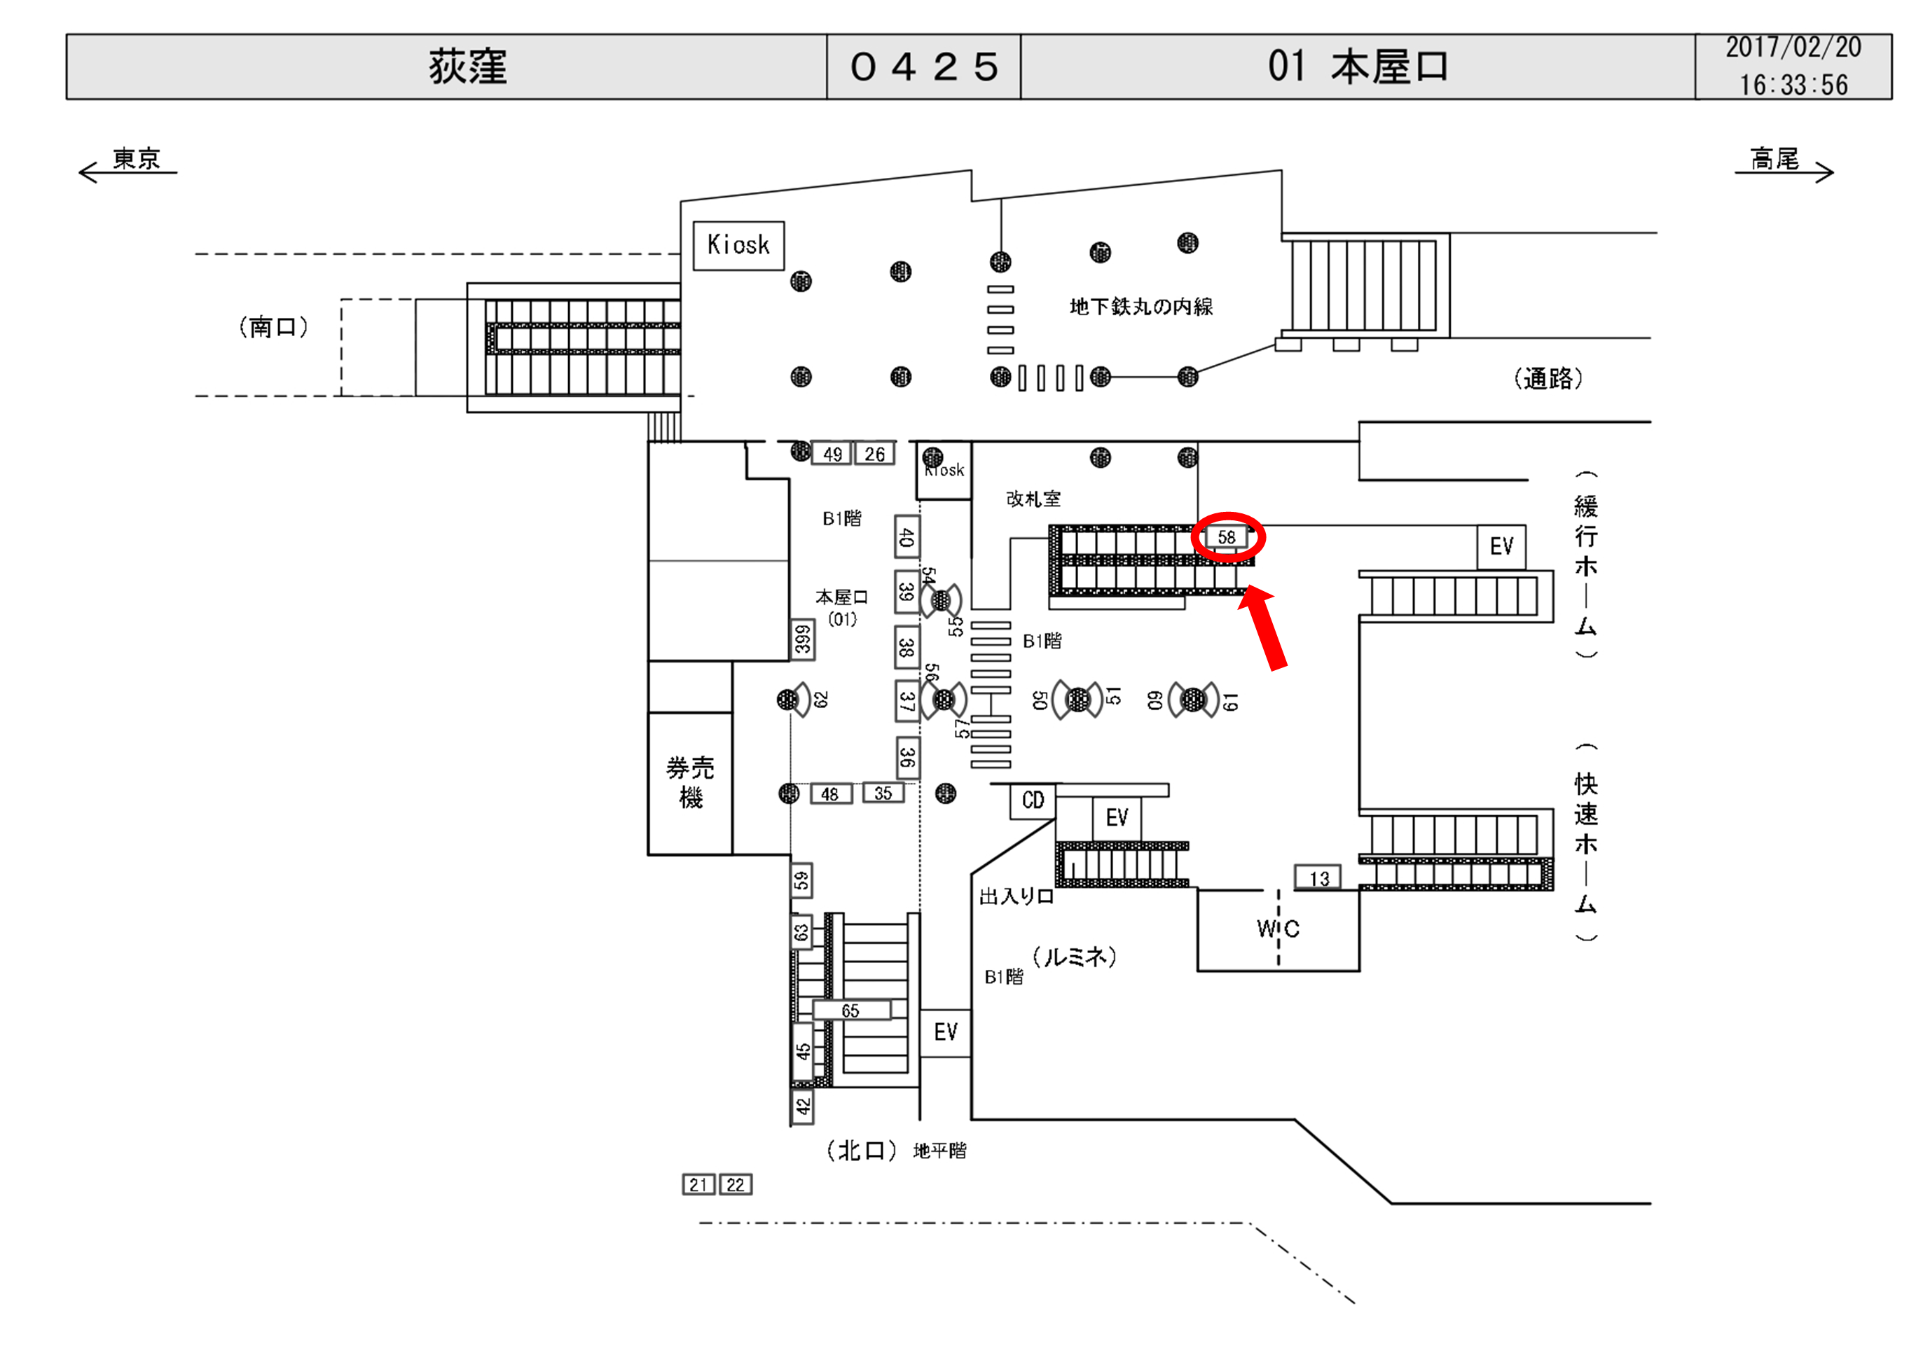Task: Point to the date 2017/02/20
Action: (1793, 48)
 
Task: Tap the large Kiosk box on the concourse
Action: (738, 245)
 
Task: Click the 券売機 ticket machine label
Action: (690, 782)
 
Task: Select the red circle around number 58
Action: (1228, 538)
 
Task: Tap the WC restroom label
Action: (1277, 929)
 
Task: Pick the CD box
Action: (1033, 800)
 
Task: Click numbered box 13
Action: (1319, 878)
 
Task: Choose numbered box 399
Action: (802, 640)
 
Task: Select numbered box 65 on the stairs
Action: (850, 1011)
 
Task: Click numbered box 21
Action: (698, 1185)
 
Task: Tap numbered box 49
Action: (832, 454)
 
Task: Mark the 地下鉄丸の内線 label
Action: (1140, 307)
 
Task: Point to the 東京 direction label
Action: (136, 158)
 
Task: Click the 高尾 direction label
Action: (1774, 158)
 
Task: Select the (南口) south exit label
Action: (273, 326)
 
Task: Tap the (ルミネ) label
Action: (1075, 957)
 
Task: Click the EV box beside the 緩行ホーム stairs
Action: (1501, 547)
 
